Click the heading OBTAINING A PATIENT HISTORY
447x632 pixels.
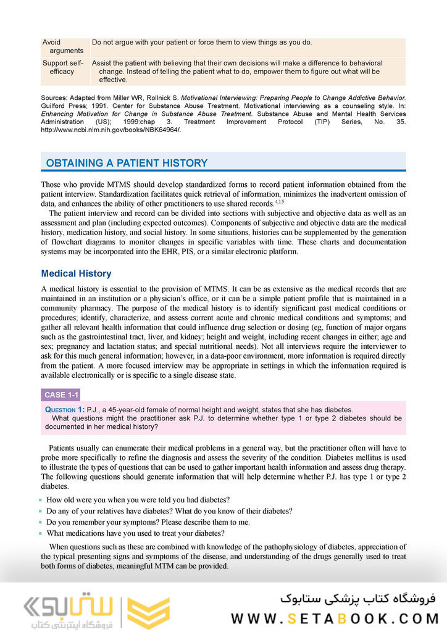(127, 163)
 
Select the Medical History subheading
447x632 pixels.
(76, 273)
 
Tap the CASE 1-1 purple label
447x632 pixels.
(61, 395)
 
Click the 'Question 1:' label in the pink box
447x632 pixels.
(64, 409)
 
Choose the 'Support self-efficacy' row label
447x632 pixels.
(62, 67)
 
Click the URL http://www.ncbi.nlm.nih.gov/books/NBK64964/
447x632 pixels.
(111, 130)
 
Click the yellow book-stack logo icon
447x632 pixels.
(148, 613)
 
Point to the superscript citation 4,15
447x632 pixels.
(280, 201)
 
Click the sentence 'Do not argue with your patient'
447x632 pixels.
(202, 43)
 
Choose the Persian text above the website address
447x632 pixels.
(358, 597)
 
